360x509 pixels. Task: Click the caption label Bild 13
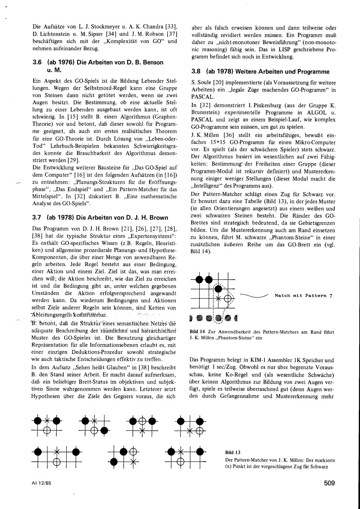(x=232, y=452)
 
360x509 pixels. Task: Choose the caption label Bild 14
(x=197, y=332)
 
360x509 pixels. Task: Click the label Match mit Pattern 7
(x=303, y=296)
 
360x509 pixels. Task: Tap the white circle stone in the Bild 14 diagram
(x=227, y=298)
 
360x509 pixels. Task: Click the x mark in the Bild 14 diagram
(x=218, y=298)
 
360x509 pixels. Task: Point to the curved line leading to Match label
(x=254, y=296)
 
